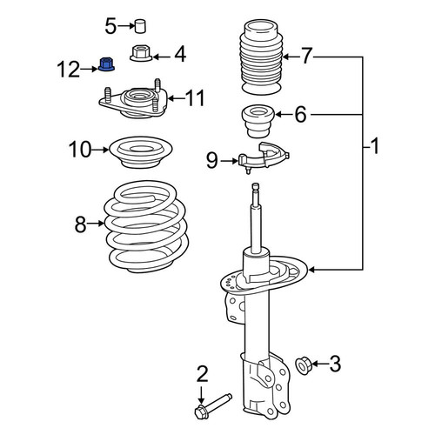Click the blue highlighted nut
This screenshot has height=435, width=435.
[106, 64]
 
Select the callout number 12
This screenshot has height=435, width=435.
[69, 70]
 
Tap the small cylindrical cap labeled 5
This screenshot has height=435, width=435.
[140, 26]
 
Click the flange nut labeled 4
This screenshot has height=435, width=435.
[141, 53]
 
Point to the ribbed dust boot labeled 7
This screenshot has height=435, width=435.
[261, 57]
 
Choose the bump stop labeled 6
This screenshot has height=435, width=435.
[258, 121]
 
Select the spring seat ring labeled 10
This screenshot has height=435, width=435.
[141, 152]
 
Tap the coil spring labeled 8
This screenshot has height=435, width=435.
[146, 227]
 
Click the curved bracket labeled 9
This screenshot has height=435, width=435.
[263, 157]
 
